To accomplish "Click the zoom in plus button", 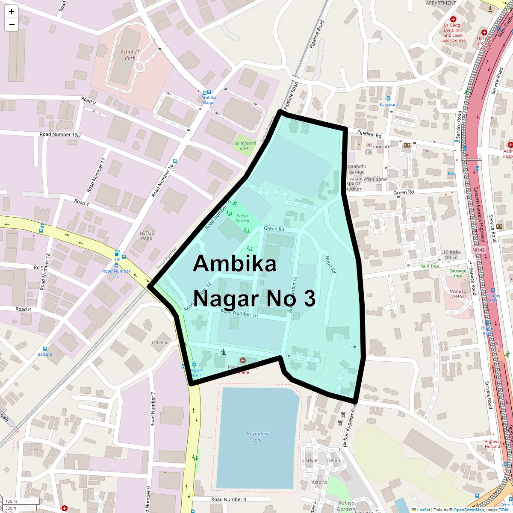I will pos(12,12).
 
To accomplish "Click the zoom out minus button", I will pos(12,24).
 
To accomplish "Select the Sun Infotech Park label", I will pos(244,146).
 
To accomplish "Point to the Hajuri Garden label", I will pos(242,218).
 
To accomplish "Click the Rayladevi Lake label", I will pos(257,436).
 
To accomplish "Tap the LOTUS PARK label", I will pos(147,236).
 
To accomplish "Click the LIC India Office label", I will pos(451,255).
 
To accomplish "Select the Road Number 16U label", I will pos(60,134).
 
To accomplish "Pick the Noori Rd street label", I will pos(330,265).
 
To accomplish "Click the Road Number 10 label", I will pos(239,314).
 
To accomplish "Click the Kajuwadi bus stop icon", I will pos(388,98).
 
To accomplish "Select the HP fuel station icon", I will pos(117,253).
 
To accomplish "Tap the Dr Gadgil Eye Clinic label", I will pos(453,30).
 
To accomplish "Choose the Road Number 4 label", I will pos(229,499).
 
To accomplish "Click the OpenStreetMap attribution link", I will pos(469,510).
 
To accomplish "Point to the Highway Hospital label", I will pos(493,444).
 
